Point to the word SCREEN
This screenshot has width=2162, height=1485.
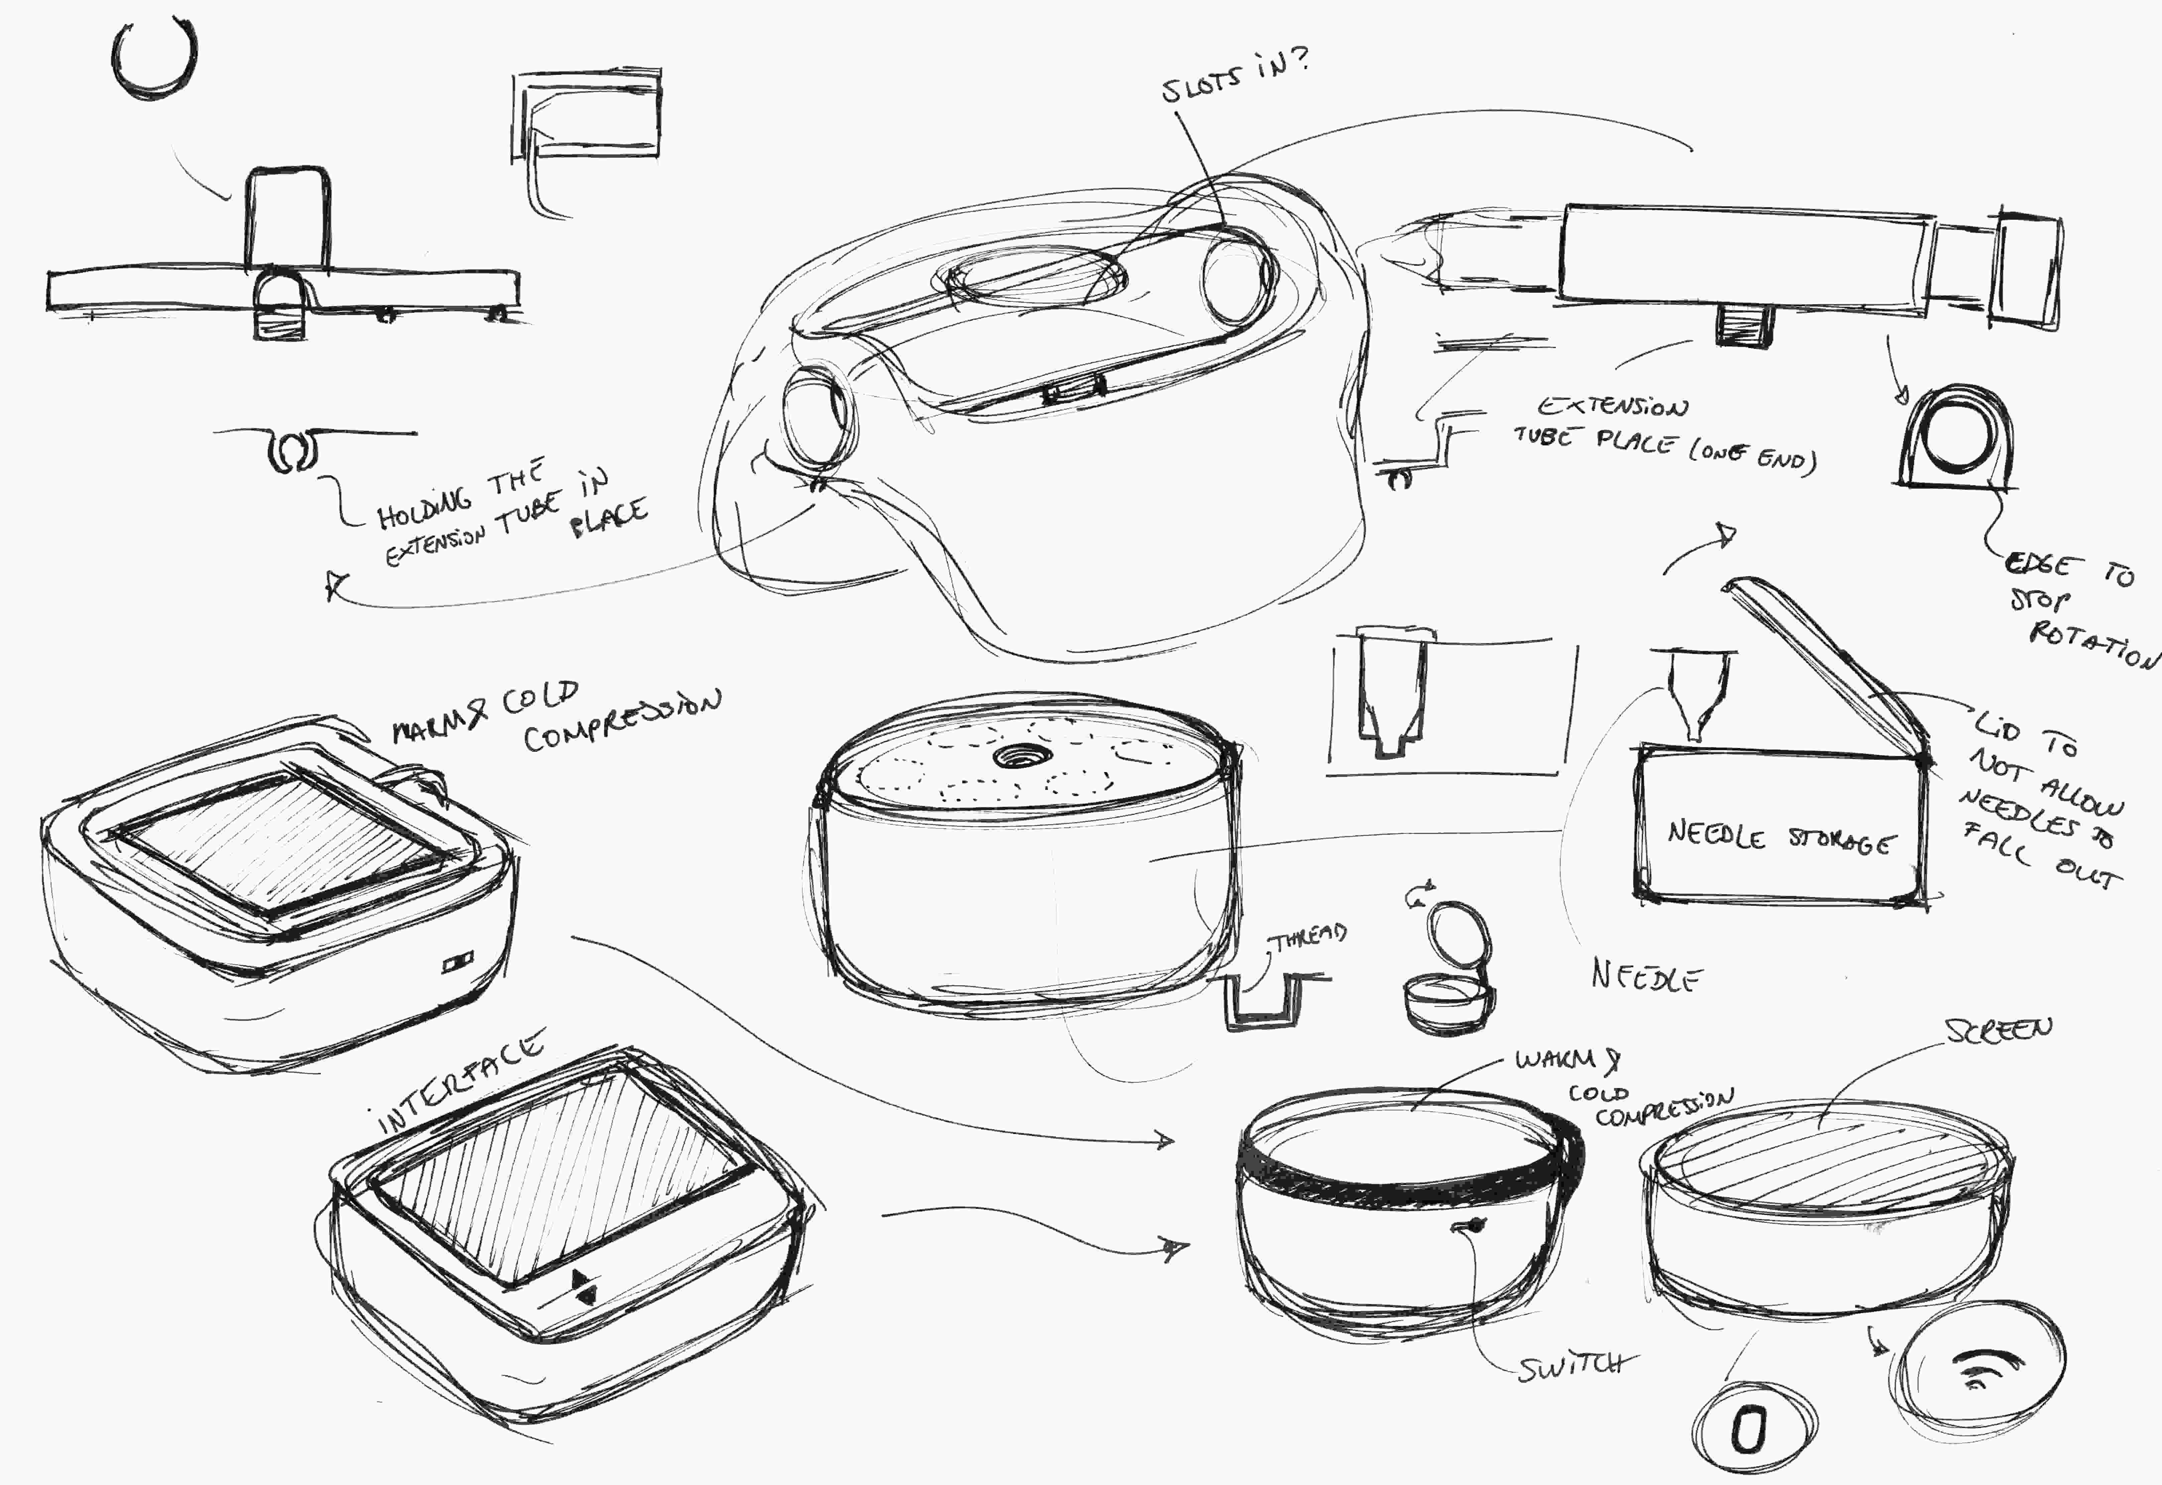(1998, 1031)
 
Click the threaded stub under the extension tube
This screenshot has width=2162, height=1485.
(1742, 325)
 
